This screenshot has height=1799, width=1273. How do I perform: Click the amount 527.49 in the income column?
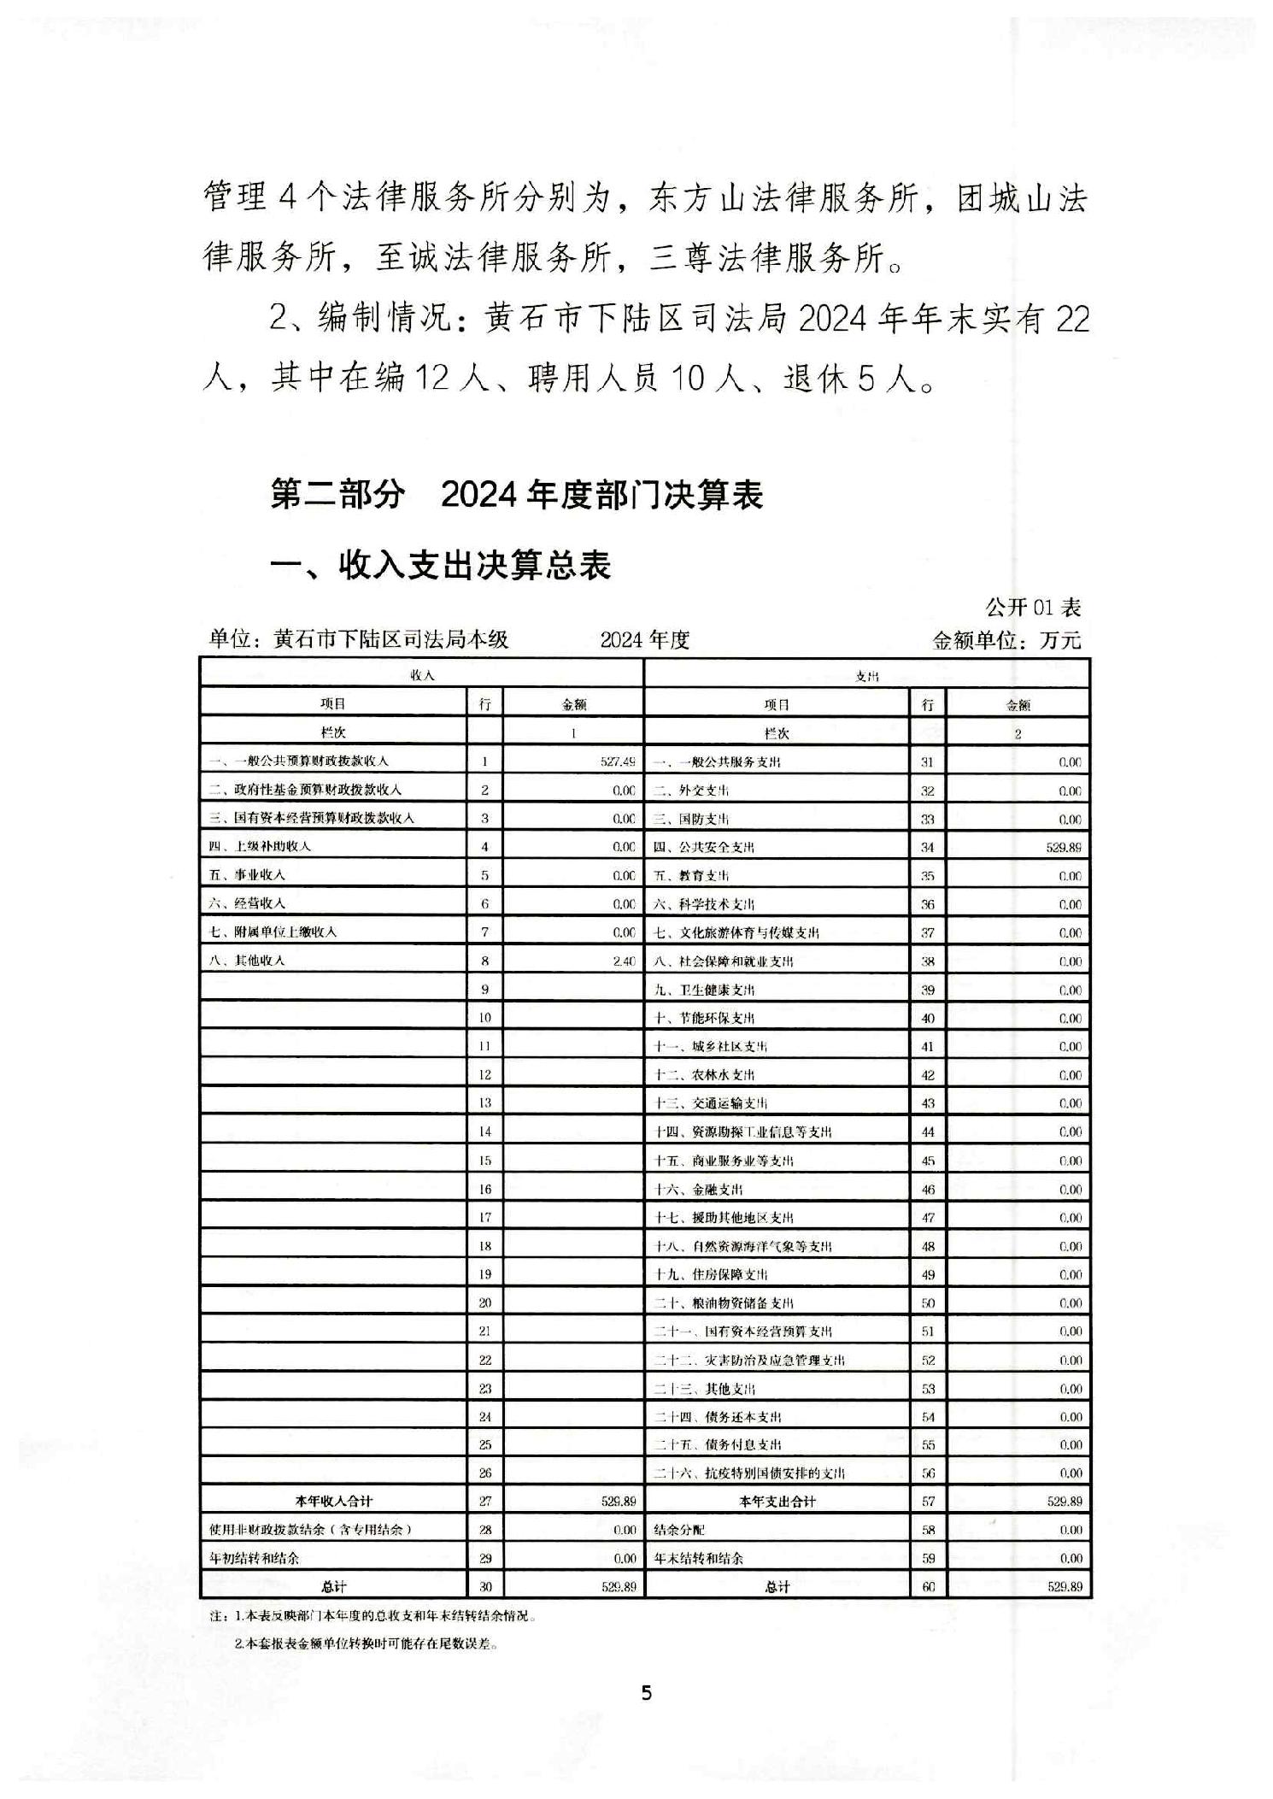pyautogui.click(x=617, y=761)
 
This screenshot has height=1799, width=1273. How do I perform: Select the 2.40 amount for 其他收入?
pyautogui.click(x=624, y=961)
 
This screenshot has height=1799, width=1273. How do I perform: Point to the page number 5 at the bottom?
pyautogui.click(x=646, y=1692)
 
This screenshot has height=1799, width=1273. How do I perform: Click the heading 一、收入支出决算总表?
pyautogui.click(x=441, y=566)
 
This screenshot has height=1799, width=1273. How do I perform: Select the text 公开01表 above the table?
pyautogui.click(x=1033, y=608)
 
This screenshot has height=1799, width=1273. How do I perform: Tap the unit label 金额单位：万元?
pyautogui.click(x=1006, y=640)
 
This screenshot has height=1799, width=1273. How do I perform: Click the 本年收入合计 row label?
pyautogui.click(x=333, y=1502)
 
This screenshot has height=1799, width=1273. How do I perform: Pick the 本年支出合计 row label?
pyautogui.click(x=777, y=1502)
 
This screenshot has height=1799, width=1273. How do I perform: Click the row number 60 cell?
pyautogui.click(x=928, y=1587)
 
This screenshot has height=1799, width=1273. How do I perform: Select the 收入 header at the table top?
pyautogui.click(x=422, y=675)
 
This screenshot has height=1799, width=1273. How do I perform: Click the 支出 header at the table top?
pyautogui.click(x=866, y=676)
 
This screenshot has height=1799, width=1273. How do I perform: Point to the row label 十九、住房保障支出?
pyautogui.click(x=711, y=1274)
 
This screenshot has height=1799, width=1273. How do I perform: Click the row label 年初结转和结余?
pyautogui.click(x=254, y=1558)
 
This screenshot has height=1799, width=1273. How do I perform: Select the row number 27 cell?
pyautogui.click(x=484, y=1502)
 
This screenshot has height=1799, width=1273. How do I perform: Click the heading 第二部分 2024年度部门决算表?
pyautogui.click(x=516, y=495)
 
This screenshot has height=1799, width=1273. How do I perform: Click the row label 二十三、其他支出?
pyautogui.click(x=705, y=1389)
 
